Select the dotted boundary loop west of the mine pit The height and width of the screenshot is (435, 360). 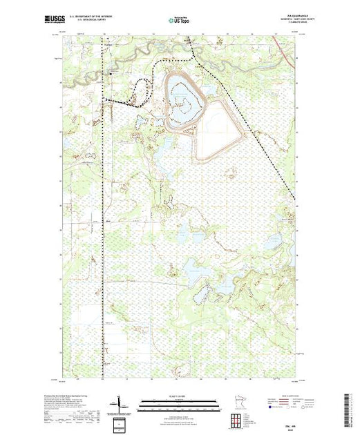tap(144, 90)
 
